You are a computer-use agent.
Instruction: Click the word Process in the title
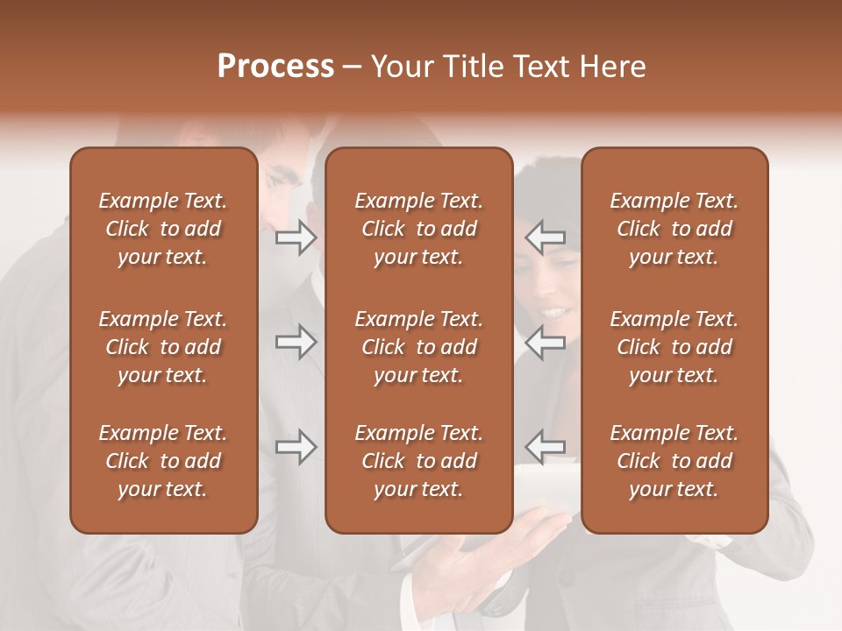tap(275, 67)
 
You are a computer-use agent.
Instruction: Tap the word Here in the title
tap(610, 67)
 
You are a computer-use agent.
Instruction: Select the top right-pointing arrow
tap(296, 238)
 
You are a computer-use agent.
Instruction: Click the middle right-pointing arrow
tap(296, 342)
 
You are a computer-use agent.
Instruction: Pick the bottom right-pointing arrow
tap(296, 448)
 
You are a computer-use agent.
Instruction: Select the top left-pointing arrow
tap(546, 238)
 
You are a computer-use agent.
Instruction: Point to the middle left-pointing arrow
tap(546, 342)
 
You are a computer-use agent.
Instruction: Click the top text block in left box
tap(163, 229)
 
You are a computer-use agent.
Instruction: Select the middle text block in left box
tap(163, 347)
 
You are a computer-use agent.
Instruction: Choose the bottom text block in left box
tap(163, 461)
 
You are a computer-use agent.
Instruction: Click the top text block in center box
tap(419, 229)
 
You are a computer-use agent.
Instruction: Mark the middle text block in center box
tap(419, 347)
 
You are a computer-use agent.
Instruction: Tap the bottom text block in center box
tap(419, 461)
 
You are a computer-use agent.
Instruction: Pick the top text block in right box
tap(674, 229)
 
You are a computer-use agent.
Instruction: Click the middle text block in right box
tap(674, 347)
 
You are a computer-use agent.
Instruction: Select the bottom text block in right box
tap(674, 461)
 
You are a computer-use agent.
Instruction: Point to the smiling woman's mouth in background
tap(554, 311)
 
